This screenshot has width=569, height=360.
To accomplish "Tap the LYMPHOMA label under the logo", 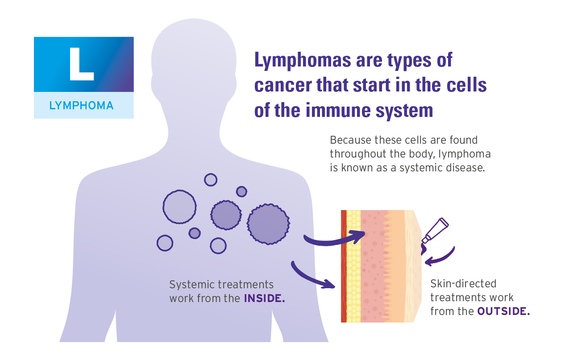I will pos(81,106).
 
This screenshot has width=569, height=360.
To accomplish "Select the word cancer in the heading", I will pos(283,85).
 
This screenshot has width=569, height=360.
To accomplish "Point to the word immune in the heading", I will pos(346,110).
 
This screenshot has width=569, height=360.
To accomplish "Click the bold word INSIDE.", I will pos(264,298).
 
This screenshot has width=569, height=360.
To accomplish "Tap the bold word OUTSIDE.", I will pos(503,311).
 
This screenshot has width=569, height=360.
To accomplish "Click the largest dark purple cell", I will pos(268,223).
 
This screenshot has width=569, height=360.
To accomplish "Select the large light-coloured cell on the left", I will pos(179,207).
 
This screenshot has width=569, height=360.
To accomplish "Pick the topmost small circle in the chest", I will pos(210,179).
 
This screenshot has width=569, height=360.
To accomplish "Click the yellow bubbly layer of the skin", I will pos(353,268).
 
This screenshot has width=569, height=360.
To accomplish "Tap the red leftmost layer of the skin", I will pos(343,268).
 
